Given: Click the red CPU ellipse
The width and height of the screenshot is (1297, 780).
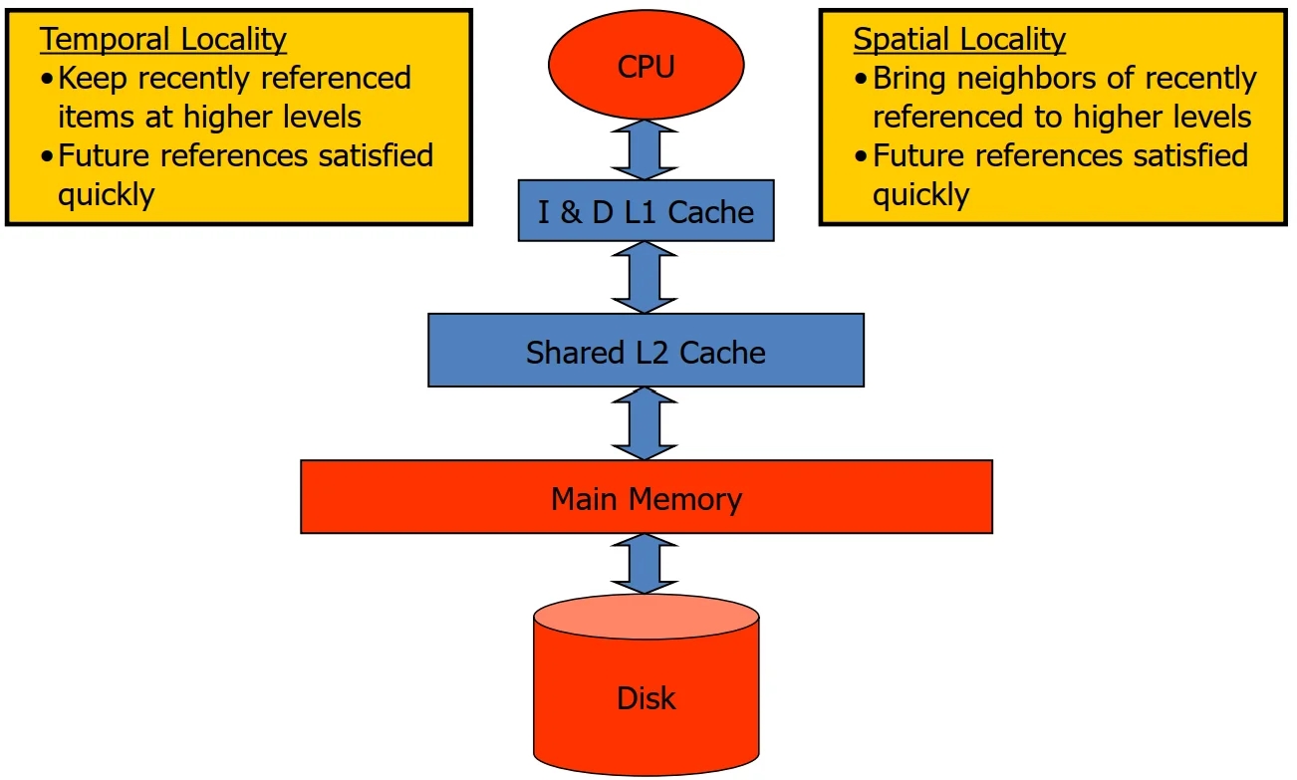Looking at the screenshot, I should (646, 68).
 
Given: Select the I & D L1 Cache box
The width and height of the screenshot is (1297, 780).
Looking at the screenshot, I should (646, 210).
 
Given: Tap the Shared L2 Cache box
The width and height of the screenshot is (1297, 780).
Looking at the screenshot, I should (646, 351).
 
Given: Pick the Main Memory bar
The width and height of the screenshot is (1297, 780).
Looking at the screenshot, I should (646, 497).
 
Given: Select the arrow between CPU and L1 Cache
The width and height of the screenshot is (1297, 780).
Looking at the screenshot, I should (646, 149).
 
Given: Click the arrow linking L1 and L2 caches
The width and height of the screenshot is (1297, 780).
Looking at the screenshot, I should (646, 277).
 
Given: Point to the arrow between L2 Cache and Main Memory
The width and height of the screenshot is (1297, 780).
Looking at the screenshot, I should (646, 423).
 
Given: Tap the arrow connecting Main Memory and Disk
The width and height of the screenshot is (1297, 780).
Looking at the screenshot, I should (646, 564).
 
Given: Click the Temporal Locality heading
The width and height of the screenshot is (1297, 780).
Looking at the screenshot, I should (163, 39).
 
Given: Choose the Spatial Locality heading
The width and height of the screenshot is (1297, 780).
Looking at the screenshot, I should (959, 39).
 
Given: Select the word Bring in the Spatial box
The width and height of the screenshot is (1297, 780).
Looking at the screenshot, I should (910, 78).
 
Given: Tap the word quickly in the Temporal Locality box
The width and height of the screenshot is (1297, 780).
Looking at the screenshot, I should (107, 194).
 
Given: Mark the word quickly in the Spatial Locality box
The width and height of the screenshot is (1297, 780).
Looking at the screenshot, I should (921, 194).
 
